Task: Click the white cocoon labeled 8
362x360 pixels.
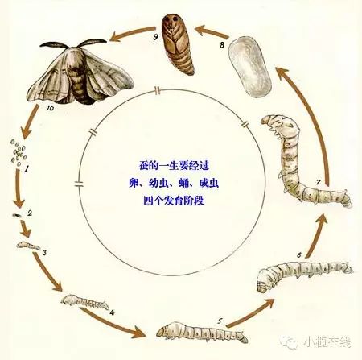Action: tap(249, 67)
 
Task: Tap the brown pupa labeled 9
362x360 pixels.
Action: tap(177, 44)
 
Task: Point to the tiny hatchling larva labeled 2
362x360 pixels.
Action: tap(17, 215)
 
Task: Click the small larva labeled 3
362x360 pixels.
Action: tap(28, 246)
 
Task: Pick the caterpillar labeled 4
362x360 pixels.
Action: tap(84, 302)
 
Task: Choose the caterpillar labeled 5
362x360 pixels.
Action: tap(202, 332)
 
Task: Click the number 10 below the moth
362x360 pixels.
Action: tap(50, 108)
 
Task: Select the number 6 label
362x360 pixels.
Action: tap(299, 254)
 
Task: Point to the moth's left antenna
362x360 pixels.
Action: tap(54, 44)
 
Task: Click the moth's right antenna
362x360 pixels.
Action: tap(93, 42)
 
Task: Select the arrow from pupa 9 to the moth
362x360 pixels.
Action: tap(134, 34)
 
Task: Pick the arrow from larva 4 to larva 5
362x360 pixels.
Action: tap(113, 322)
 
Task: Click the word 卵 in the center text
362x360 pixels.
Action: tap(134, 183)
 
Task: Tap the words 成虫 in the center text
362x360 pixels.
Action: tap(208, 183)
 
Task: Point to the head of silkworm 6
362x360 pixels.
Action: tap(264, 281)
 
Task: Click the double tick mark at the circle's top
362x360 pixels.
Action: tap(158, 91)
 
